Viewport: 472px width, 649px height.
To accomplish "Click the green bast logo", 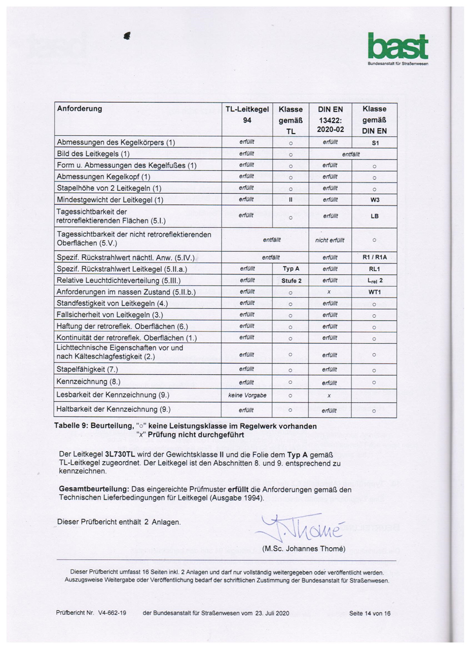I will point(397,47).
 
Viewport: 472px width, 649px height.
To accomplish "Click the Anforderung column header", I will point(80,109).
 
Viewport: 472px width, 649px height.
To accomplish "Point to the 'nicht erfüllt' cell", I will point(330,240).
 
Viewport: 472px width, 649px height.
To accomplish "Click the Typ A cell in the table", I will point(291,269).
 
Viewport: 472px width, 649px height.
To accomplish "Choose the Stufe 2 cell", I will point(291,280).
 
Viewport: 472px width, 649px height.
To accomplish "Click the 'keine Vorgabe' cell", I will point(247,395).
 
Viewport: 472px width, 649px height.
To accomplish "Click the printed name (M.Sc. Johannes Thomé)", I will point(304,549).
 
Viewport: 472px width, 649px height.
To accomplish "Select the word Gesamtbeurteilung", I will point(94,489).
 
